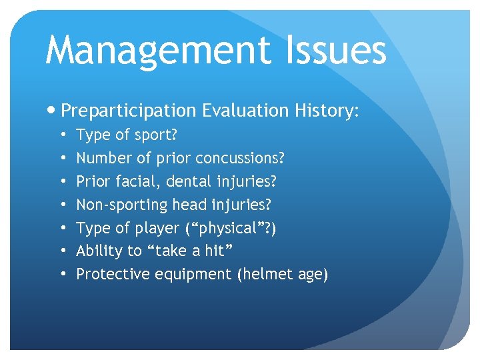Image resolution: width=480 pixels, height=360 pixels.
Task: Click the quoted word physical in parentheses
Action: click(x=225, y=228)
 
